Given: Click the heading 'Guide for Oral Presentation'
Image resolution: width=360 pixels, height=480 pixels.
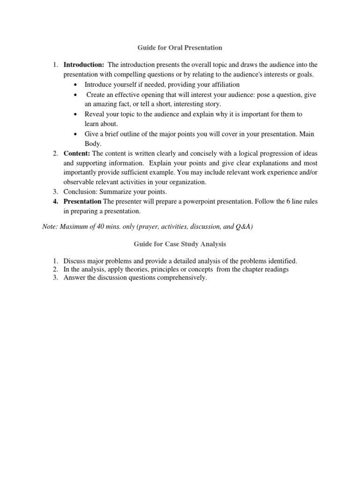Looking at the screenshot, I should click(x=180, y=47).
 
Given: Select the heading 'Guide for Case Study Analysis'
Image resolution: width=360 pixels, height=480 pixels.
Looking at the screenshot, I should click(x=180, y=244).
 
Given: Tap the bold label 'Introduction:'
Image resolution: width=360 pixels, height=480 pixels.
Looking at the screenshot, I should click(x=84, y=65).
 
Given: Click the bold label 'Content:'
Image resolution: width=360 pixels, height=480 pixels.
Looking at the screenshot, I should click(x=77, y=153).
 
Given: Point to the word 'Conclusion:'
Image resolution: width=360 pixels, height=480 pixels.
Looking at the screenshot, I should click(x=80, y=192).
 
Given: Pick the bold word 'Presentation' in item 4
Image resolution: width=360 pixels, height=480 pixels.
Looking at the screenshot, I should click(x=82, y=202).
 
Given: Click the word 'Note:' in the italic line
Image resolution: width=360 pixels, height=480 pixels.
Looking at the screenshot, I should click(x=50, y=227).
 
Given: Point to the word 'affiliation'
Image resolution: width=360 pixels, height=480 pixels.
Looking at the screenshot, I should click(x=223, y=84).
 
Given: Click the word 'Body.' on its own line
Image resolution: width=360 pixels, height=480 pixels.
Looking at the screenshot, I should click(x=92, y=143).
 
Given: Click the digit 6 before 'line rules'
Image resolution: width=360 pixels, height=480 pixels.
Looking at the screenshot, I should click(x=292, y=202).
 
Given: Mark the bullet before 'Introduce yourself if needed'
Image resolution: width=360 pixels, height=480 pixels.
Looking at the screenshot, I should click(x=76, y=85).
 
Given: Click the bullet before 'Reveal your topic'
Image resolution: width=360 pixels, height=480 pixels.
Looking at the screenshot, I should click(x=76, y=114).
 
